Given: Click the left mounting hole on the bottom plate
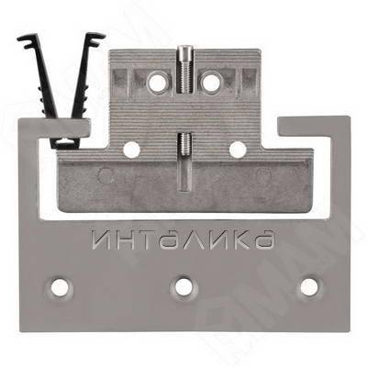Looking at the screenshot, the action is (x=60, y=288).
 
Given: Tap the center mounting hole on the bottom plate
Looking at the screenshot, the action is (x=183, y=287).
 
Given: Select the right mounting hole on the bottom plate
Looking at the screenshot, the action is (x=309, y=287).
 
